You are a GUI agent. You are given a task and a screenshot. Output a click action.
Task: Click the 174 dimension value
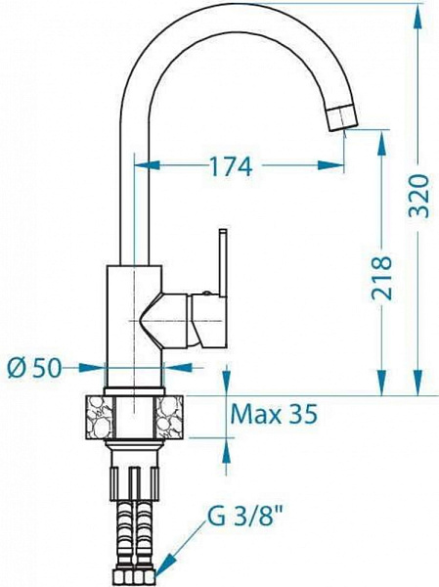pos(231,167)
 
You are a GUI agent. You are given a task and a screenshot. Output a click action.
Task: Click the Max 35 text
pos(275,415)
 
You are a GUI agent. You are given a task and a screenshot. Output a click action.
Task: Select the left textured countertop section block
pos(101,414)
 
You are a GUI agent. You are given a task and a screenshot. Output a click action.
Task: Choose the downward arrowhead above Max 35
pos(227,387)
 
